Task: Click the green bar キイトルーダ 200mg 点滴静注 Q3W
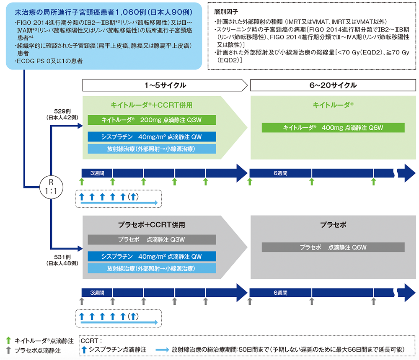[x=152, y=120]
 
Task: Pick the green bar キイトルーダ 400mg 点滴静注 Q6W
[x=333, y=128]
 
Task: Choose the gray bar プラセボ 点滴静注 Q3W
[x=152, y=239]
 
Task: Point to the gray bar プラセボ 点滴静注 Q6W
[x=333, y=247]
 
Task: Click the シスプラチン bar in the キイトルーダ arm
[x=152, y=137]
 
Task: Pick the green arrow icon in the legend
[x=9, y=341]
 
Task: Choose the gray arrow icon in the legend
[x=9, y=350]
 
